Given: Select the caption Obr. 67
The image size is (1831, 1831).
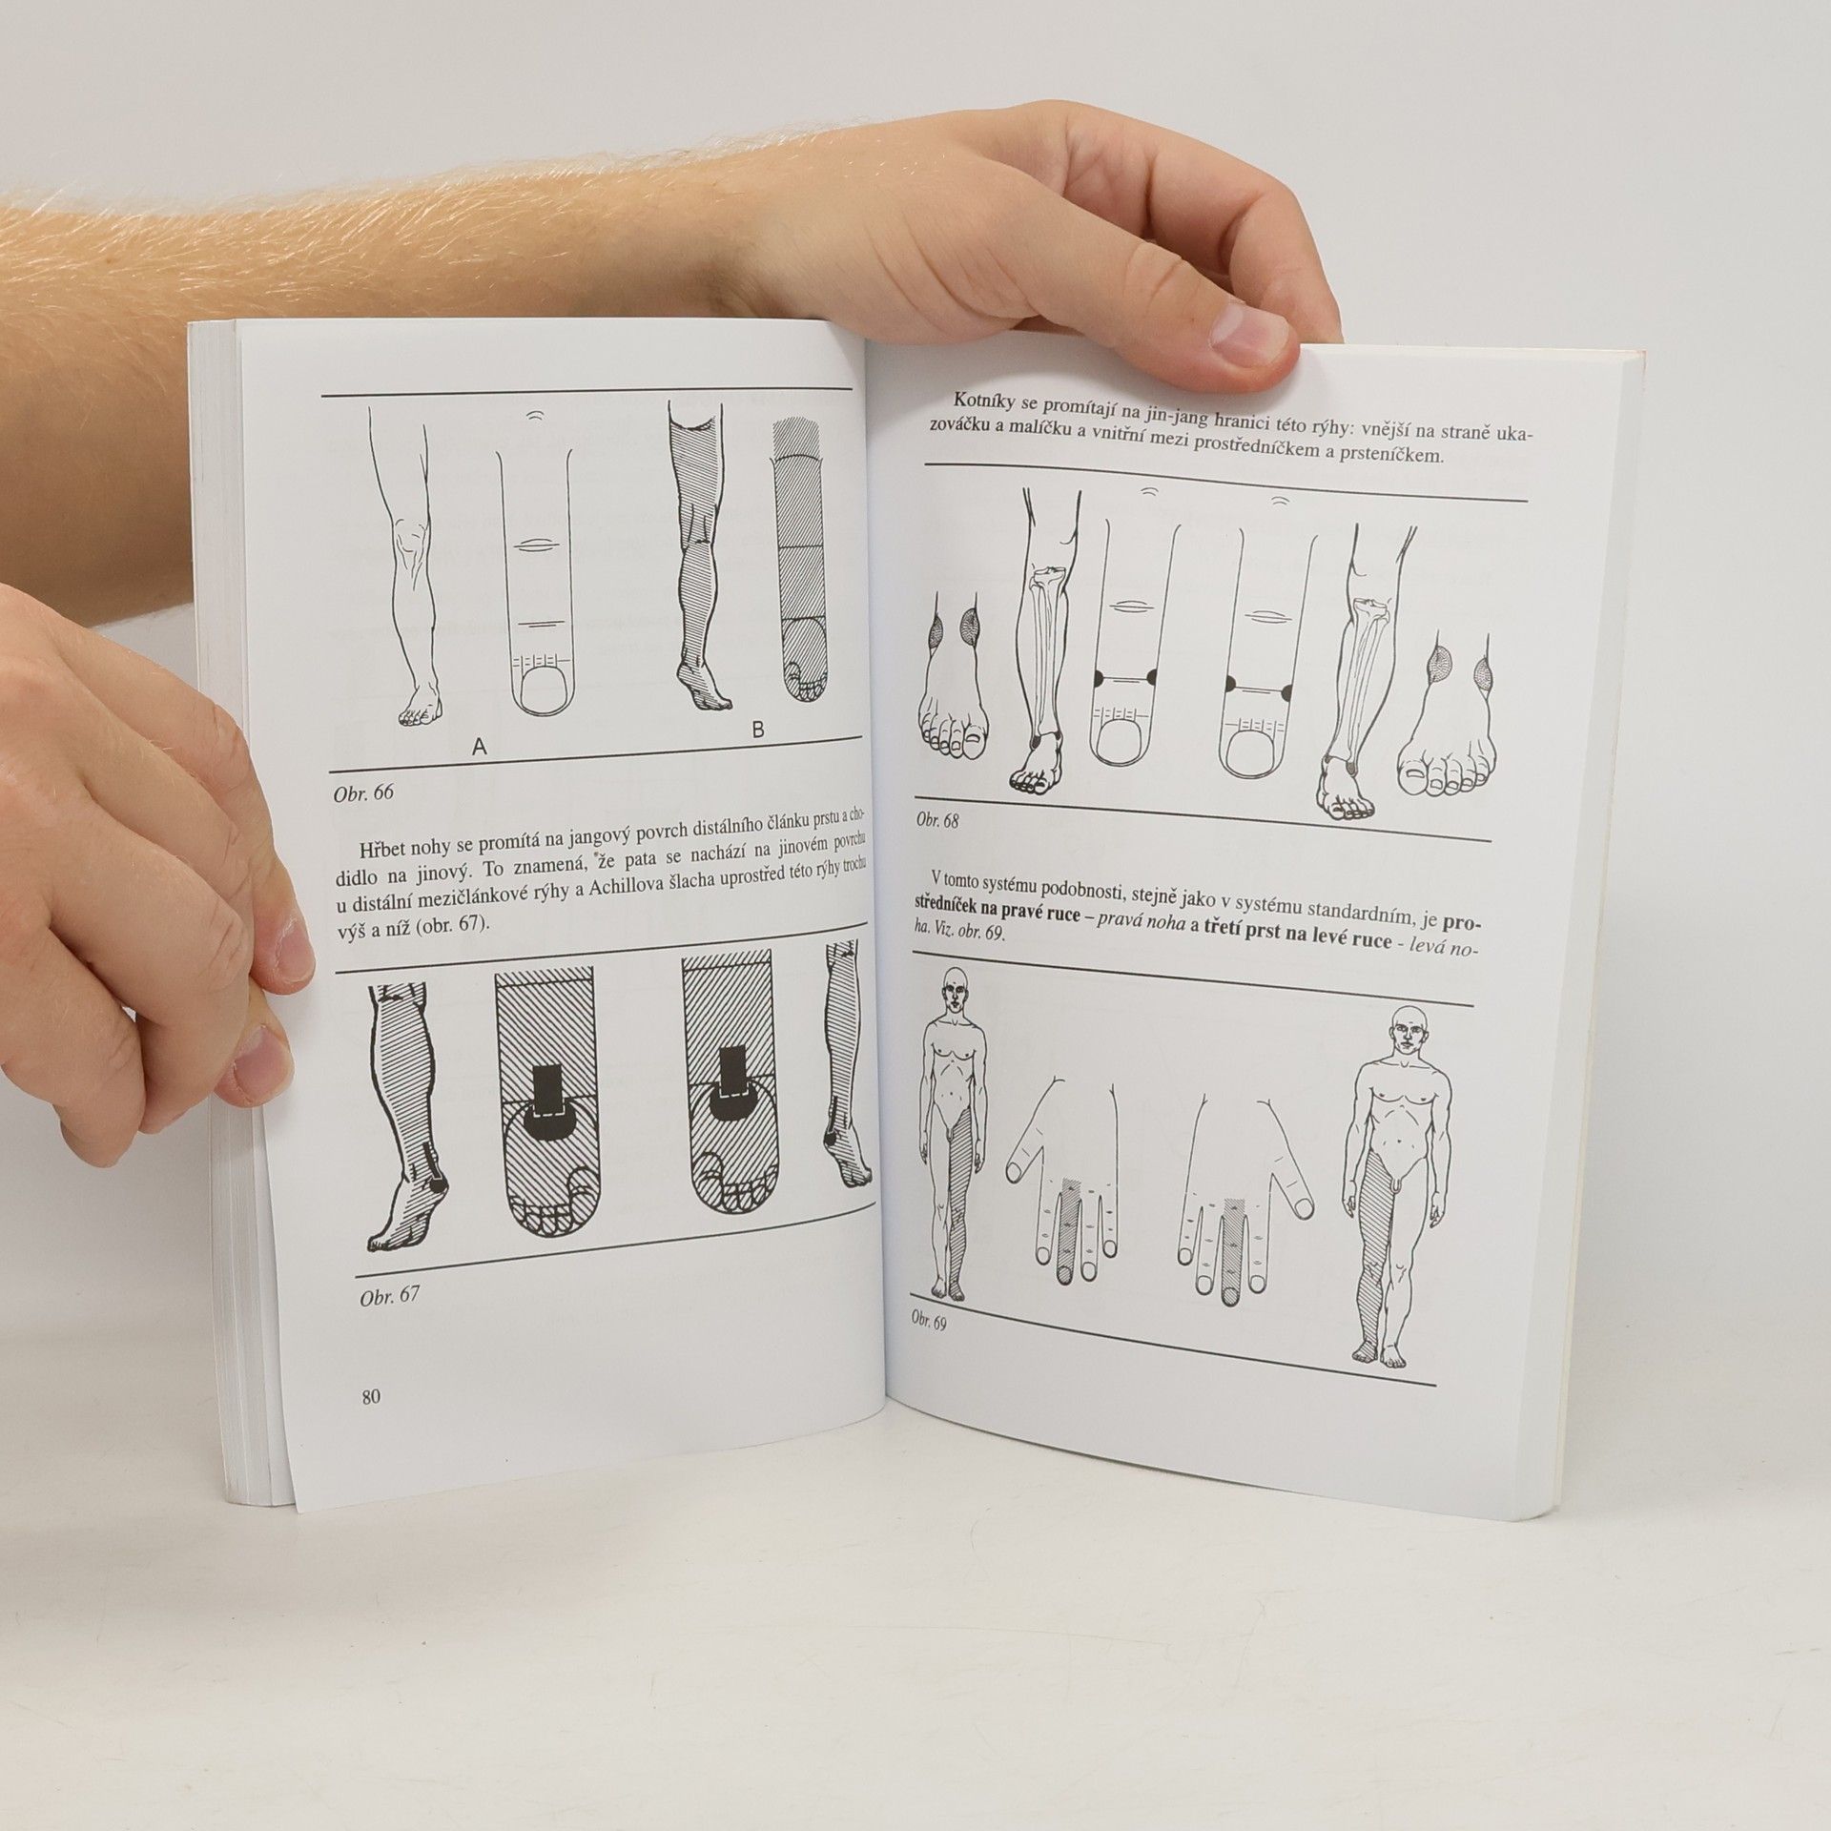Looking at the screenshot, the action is (388, 1298).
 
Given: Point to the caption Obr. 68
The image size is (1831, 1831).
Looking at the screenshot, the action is (937, 820).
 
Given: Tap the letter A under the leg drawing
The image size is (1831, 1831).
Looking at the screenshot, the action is (480, 749).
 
